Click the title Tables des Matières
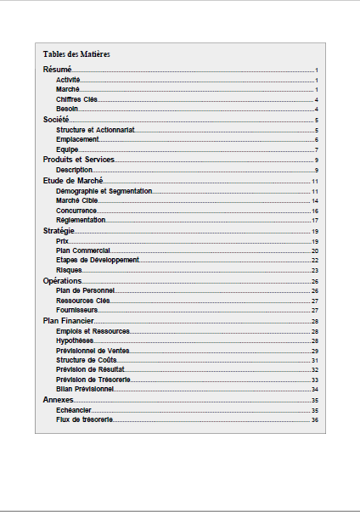coord(76,54)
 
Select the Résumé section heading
coord(57,70)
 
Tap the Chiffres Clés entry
coord(77,99)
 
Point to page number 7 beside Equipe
coord(316,150)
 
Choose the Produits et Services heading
coord(79,160)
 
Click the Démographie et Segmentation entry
coord(104,191)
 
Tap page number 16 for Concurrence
coord(315,211)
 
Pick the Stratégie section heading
coord(59,231)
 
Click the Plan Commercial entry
coord(83,250)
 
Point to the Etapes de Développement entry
coord(97,260)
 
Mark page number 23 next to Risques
coord(315,270)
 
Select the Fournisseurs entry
coord(77,310)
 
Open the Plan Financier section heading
coord(68,321)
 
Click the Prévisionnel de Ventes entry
coord(93,351)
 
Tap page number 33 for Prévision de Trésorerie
coord(315,380)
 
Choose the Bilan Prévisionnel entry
coord(85,389)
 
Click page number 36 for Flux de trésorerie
coord(315,419)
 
